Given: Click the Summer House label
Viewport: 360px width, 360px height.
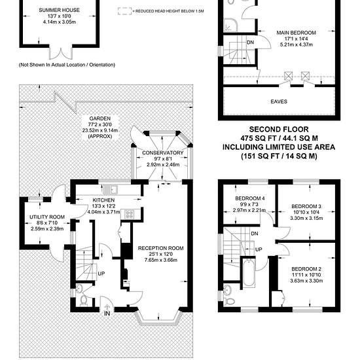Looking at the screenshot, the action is coord(59,10).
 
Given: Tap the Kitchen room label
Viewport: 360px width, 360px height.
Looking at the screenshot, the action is coord(103,200).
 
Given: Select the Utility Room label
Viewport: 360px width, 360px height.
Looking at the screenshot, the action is coord(47,217).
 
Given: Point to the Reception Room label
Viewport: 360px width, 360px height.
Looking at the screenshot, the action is coord(161,248).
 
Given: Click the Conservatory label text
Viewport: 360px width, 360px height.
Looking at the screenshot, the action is coord(162,153).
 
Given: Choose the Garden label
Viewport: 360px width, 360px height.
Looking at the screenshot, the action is coord(100,118).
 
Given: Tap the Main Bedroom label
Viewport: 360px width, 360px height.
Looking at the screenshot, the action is coord(296,33).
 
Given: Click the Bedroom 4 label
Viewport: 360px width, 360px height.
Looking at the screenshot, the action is coord(250,198).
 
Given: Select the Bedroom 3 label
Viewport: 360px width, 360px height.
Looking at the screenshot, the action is coord(306,206).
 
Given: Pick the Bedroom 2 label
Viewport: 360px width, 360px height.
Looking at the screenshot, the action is coord(306,269).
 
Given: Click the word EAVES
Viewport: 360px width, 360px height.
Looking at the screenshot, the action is coord(279,101).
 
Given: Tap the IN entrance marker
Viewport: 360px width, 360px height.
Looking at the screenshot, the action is coord(107,314).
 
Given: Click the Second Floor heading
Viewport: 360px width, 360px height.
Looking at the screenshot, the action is coord(279,129).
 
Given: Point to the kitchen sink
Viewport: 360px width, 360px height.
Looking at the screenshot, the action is coord(111,190).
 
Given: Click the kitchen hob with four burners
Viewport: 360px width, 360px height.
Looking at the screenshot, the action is coord(129,215).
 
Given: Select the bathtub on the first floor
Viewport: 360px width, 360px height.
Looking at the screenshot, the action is coord(249,272).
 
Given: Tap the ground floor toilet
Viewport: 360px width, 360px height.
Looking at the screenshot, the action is coord(84,301).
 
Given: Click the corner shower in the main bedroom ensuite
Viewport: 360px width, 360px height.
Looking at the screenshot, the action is coord(230,25).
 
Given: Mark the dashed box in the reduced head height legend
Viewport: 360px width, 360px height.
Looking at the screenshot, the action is coord(124,11).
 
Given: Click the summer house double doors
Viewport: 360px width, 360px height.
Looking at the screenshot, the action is coord(61,53).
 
